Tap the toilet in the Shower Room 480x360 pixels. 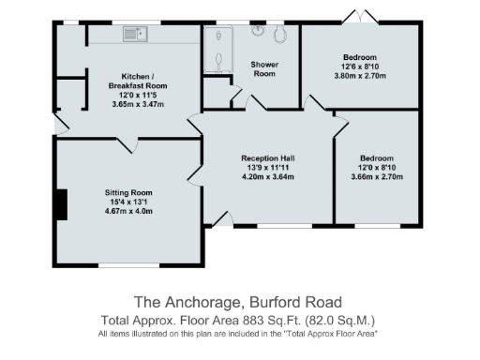click(x=279, y=36)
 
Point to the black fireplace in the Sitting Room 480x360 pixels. click(x=61, y=204)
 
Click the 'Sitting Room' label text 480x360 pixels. click(x=127, y=192)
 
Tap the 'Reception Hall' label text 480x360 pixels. click(x=268, y=157)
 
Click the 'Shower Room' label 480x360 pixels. click(x=263, y=68)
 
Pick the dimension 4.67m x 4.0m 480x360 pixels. click(x=127, y=211)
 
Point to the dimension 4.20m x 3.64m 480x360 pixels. click(x=268, y=176)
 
